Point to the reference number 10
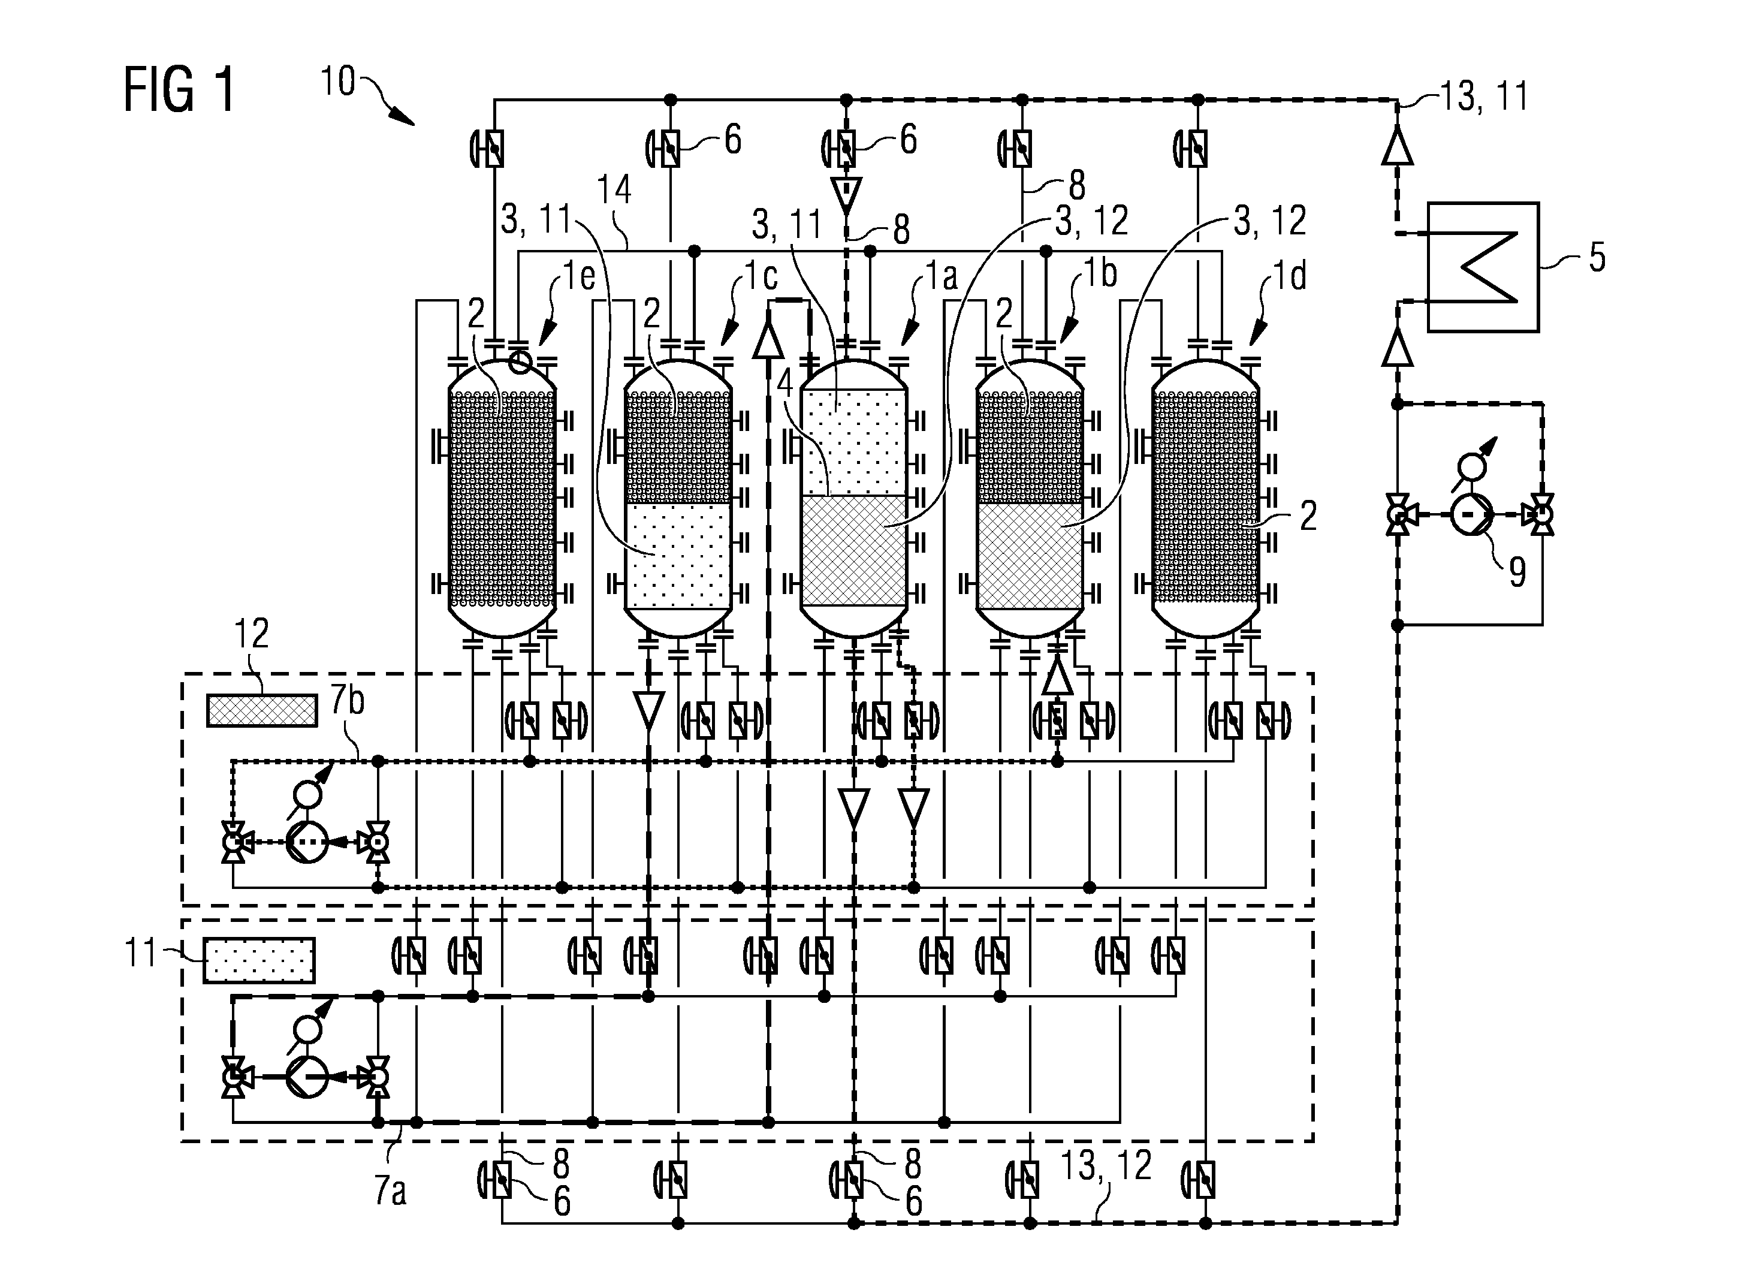pos(338,81)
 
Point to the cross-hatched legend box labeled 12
pos(262,710)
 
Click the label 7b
pos(347,701)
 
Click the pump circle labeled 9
pos(1471,514)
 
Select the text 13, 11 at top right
pos(1484,97)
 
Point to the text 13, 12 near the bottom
pos(1106,1166)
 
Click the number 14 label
pos(614,189)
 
